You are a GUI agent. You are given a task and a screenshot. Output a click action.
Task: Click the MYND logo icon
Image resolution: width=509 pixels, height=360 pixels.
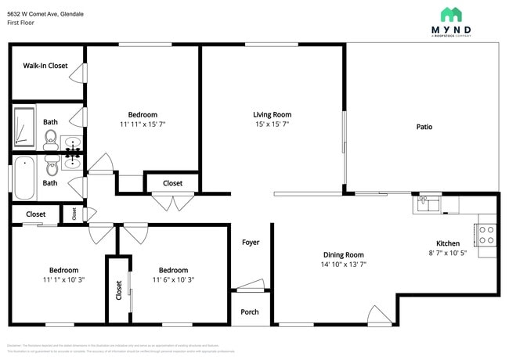451,14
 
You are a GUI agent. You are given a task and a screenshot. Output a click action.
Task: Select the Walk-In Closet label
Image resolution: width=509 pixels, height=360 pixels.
45,67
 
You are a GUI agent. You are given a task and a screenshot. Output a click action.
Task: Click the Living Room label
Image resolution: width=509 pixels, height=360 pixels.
272,114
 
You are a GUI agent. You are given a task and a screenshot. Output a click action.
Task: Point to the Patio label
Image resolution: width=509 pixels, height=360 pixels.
424,127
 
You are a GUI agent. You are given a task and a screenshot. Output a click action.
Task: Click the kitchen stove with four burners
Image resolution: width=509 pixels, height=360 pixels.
486,235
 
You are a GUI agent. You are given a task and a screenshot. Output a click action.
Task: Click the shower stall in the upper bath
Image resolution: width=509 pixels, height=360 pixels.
24,127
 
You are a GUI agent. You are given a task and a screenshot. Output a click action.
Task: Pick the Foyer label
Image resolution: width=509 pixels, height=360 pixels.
250,243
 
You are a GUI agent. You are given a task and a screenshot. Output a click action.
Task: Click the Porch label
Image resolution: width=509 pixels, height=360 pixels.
250,312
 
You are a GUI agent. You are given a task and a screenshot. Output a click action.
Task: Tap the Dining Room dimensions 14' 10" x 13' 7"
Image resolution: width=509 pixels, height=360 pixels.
345,265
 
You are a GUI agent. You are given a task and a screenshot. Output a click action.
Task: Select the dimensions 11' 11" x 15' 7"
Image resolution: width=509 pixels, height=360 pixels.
143,124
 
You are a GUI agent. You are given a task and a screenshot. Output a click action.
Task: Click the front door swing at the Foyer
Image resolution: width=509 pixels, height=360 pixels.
251,285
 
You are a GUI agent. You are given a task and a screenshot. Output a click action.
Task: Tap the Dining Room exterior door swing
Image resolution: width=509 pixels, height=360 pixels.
379,314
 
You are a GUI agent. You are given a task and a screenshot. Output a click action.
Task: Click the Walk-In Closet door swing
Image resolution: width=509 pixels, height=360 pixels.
78,74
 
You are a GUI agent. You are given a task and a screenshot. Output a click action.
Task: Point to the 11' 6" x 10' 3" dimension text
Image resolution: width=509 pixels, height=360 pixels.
172,279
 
